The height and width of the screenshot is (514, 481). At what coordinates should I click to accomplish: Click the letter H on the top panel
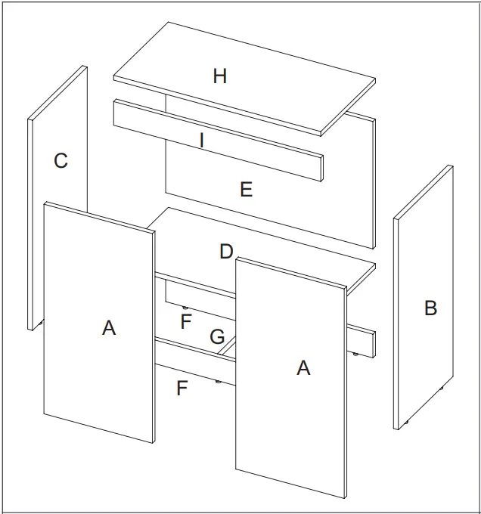(x=219, y=76)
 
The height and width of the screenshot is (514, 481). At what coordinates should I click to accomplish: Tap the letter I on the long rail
(x=202, y=140)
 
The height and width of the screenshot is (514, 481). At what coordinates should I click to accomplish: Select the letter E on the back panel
(x=246, y=189)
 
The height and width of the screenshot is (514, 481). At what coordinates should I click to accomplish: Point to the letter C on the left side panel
(x=61, y=160)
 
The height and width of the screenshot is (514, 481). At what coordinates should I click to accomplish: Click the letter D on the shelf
(x=226, y=251)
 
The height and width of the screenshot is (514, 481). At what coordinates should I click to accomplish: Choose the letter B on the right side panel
(x=430, y=308)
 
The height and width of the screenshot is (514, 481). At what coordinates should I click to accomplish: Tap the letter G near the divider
(x=217, y=336)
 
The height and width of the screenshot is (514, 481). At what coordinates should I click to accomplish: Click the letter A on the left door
(x=109, y=327)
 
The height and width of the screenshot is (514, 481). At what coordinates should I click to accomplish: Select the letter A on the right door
(x=303, y=367)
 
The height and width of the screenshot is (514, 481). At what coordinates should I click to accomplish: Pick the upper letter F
(x=186, y=321)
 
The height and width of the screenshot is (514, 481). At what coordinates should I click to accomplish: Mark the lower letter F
(x=182, y=389)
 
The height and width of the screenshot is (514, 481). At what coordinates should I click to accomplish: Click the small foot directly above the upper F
(x=185, y=306)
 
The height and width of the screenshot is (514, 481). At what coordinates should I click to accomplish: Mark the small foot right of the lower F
(x=219, y=382)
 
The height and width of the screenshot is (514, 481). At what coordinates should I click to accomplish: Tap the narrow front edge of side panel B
(x=397, y=325)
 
